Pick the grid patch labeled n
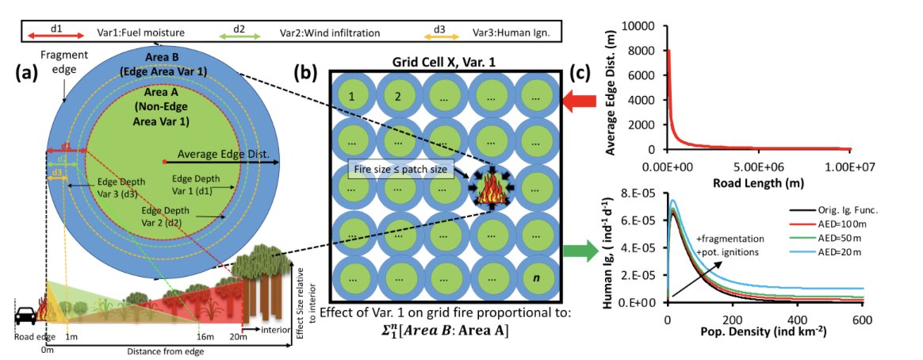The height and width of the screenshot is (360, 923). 537,281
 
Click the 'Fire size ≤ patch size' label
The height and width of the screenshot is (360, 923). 401,169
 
